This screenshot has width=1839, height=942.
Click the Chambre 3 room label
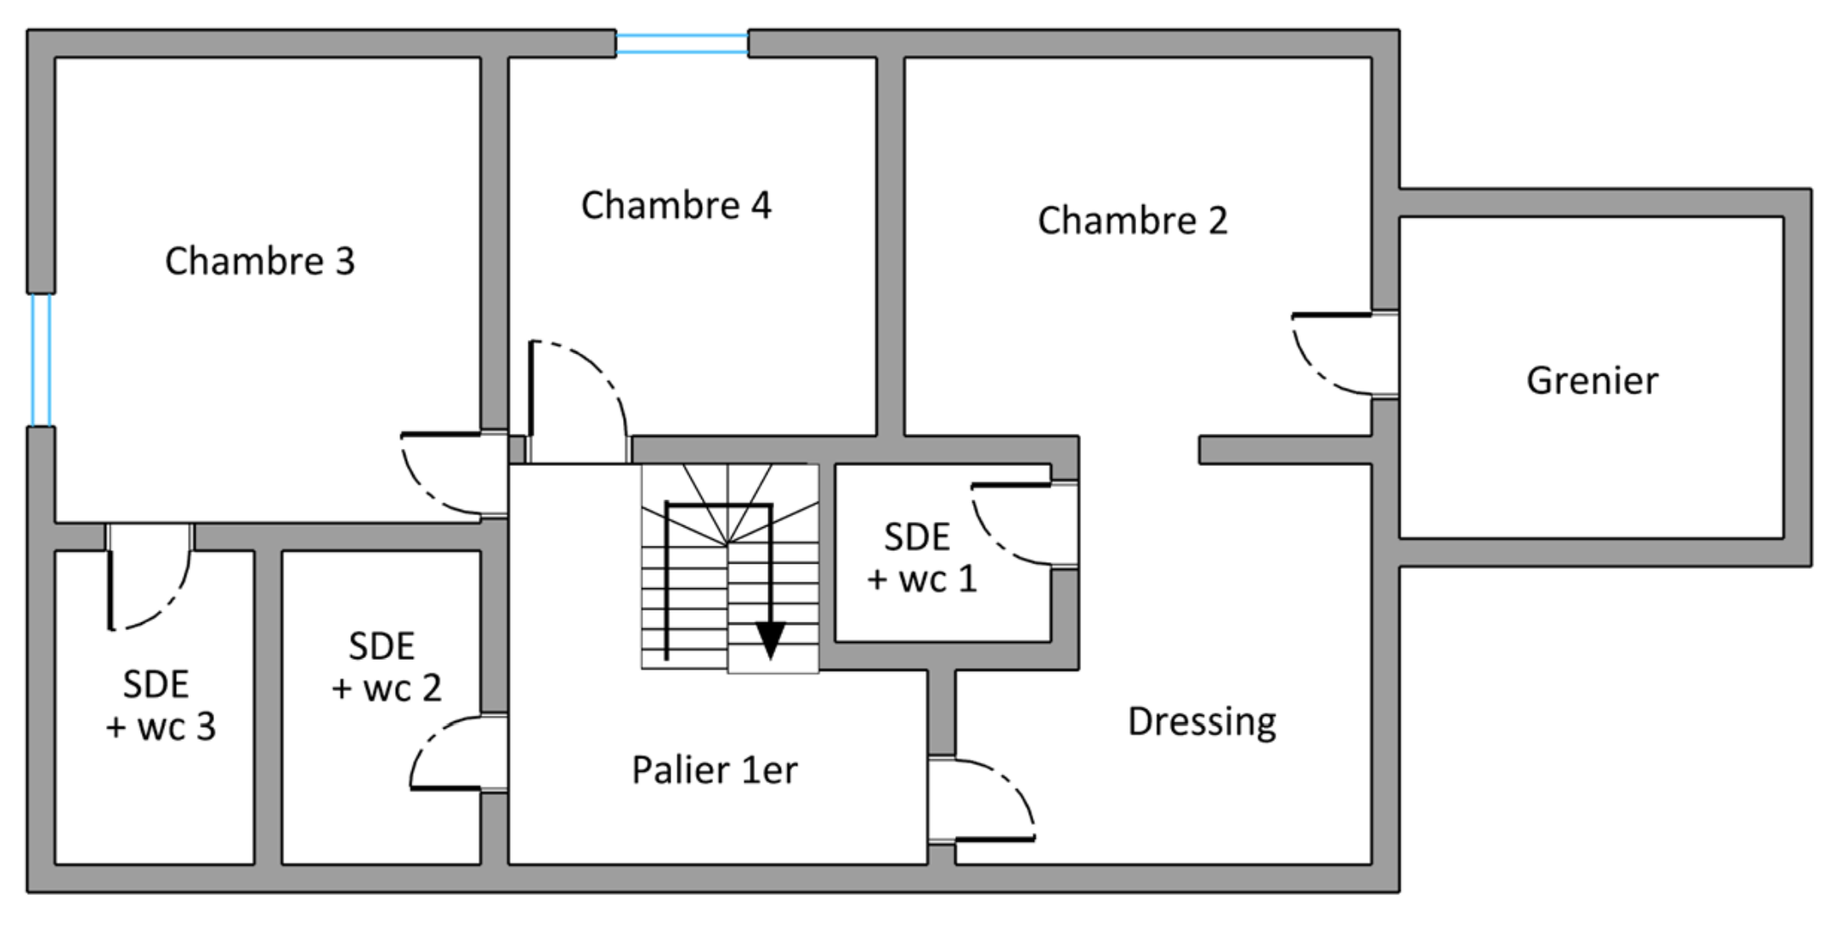(x=259, y=261)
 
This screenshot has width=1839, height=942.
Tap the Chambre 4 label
(x=676, y=205)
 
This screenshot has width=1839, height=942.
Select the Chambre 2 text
(x=1132, y=220)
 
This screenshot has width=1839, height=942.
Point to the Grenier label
(x=1592, y=380)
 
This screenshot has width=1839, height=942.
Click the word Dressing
(x=1202, y=722)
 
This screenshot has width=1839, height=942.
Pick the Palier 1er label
(x=715, y=770)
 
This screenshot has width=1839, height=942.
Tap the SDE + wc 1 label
(x=921, y=558)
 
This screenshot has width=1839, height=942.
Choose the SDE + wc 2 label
(x=386, y=667)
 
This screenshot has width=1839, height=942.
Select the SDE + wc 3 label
(x=160, y=706)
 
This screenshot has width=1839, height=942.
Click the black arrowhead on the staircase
(x=770, y=640)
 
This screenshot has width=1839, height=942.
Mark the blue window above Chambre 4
(x=682, y=44)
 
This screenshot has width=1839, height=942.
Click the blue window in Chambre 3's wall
(x=41, y=360)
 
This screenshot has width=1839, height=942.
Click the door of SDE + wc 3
(x=149, y=577)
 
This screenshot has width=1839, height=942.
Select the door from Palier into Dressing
(x=982, y=799)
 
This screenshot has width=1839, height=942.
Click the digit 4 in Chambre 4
(x=761, y=205)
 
